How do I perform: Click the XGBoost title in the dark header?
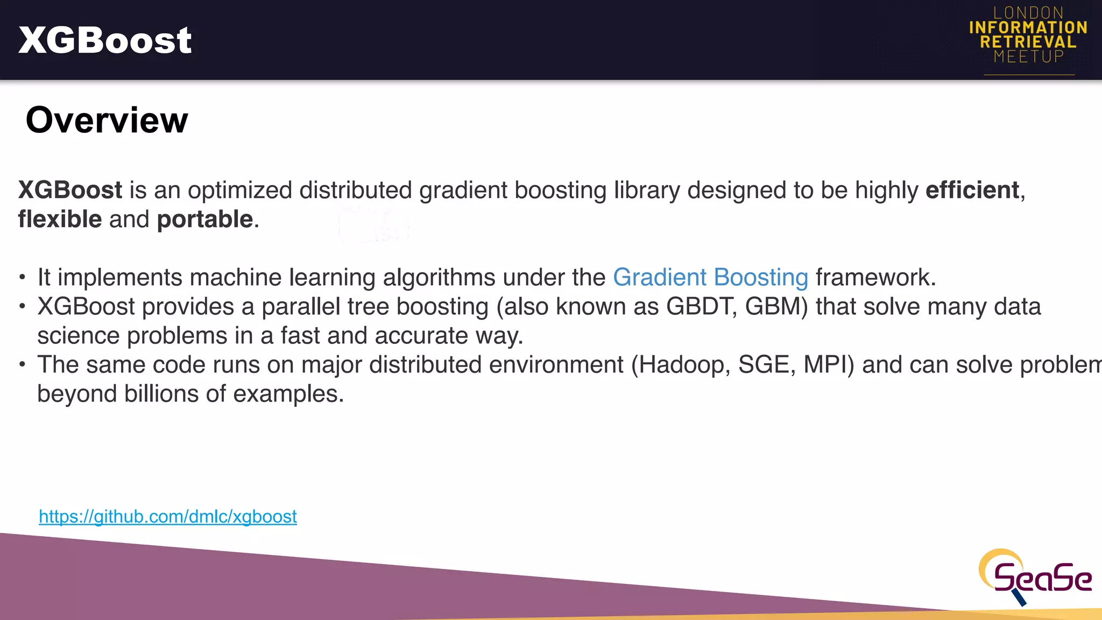pyautogui.click(x=105, y=40)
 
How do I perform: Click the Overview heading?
pyautogui.click(x=107, y=120)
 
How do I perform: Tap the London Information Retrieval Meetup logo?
pyautogui.click(x=1028, y=36)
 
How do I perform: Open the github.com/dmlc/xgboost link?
pyautogui.click(x=168, y=517)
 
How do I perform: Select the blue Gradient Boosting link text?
pyautogui.click(x=710, y=278)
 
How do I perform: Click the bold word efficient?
pyautogui.click(x=972, y=191)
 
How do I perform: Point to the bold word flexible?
pyautogui.click(x=60, y=220)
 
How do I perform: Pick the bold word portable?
pyautogui.click(x=205, y=220)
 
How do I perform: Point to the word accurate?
pyautogui.click(x=421, y=336)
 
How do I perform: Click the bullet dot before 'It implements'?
pyautogui.click(x=22, y=278)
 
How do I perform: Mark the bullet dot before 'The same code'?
pyautogui.click(x=22, y=365)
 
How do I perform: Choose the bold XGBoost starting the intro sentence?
pyautogui.click(x=70, y=191)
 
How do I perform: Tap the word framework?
pyautogui.click(x=875, y=278)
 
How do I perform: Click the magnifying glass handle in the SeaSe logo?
pyautogui.click(x=1019, y=597)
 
